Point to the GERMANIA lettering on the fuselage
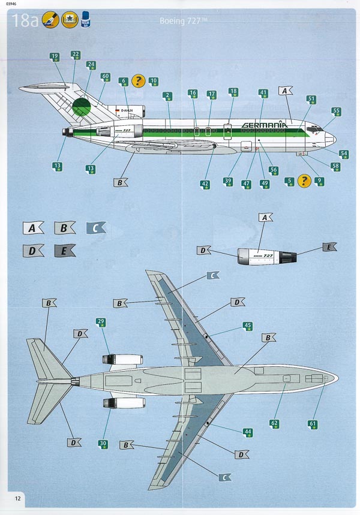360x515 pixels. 264,125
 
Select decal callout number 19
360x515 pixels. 55,57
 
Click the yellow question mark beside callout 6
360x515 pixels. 139,80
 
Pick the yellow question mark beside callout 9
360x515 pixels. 304,180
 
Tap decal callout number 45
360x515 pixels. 247,327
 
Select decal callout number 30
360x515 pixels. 103,444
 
